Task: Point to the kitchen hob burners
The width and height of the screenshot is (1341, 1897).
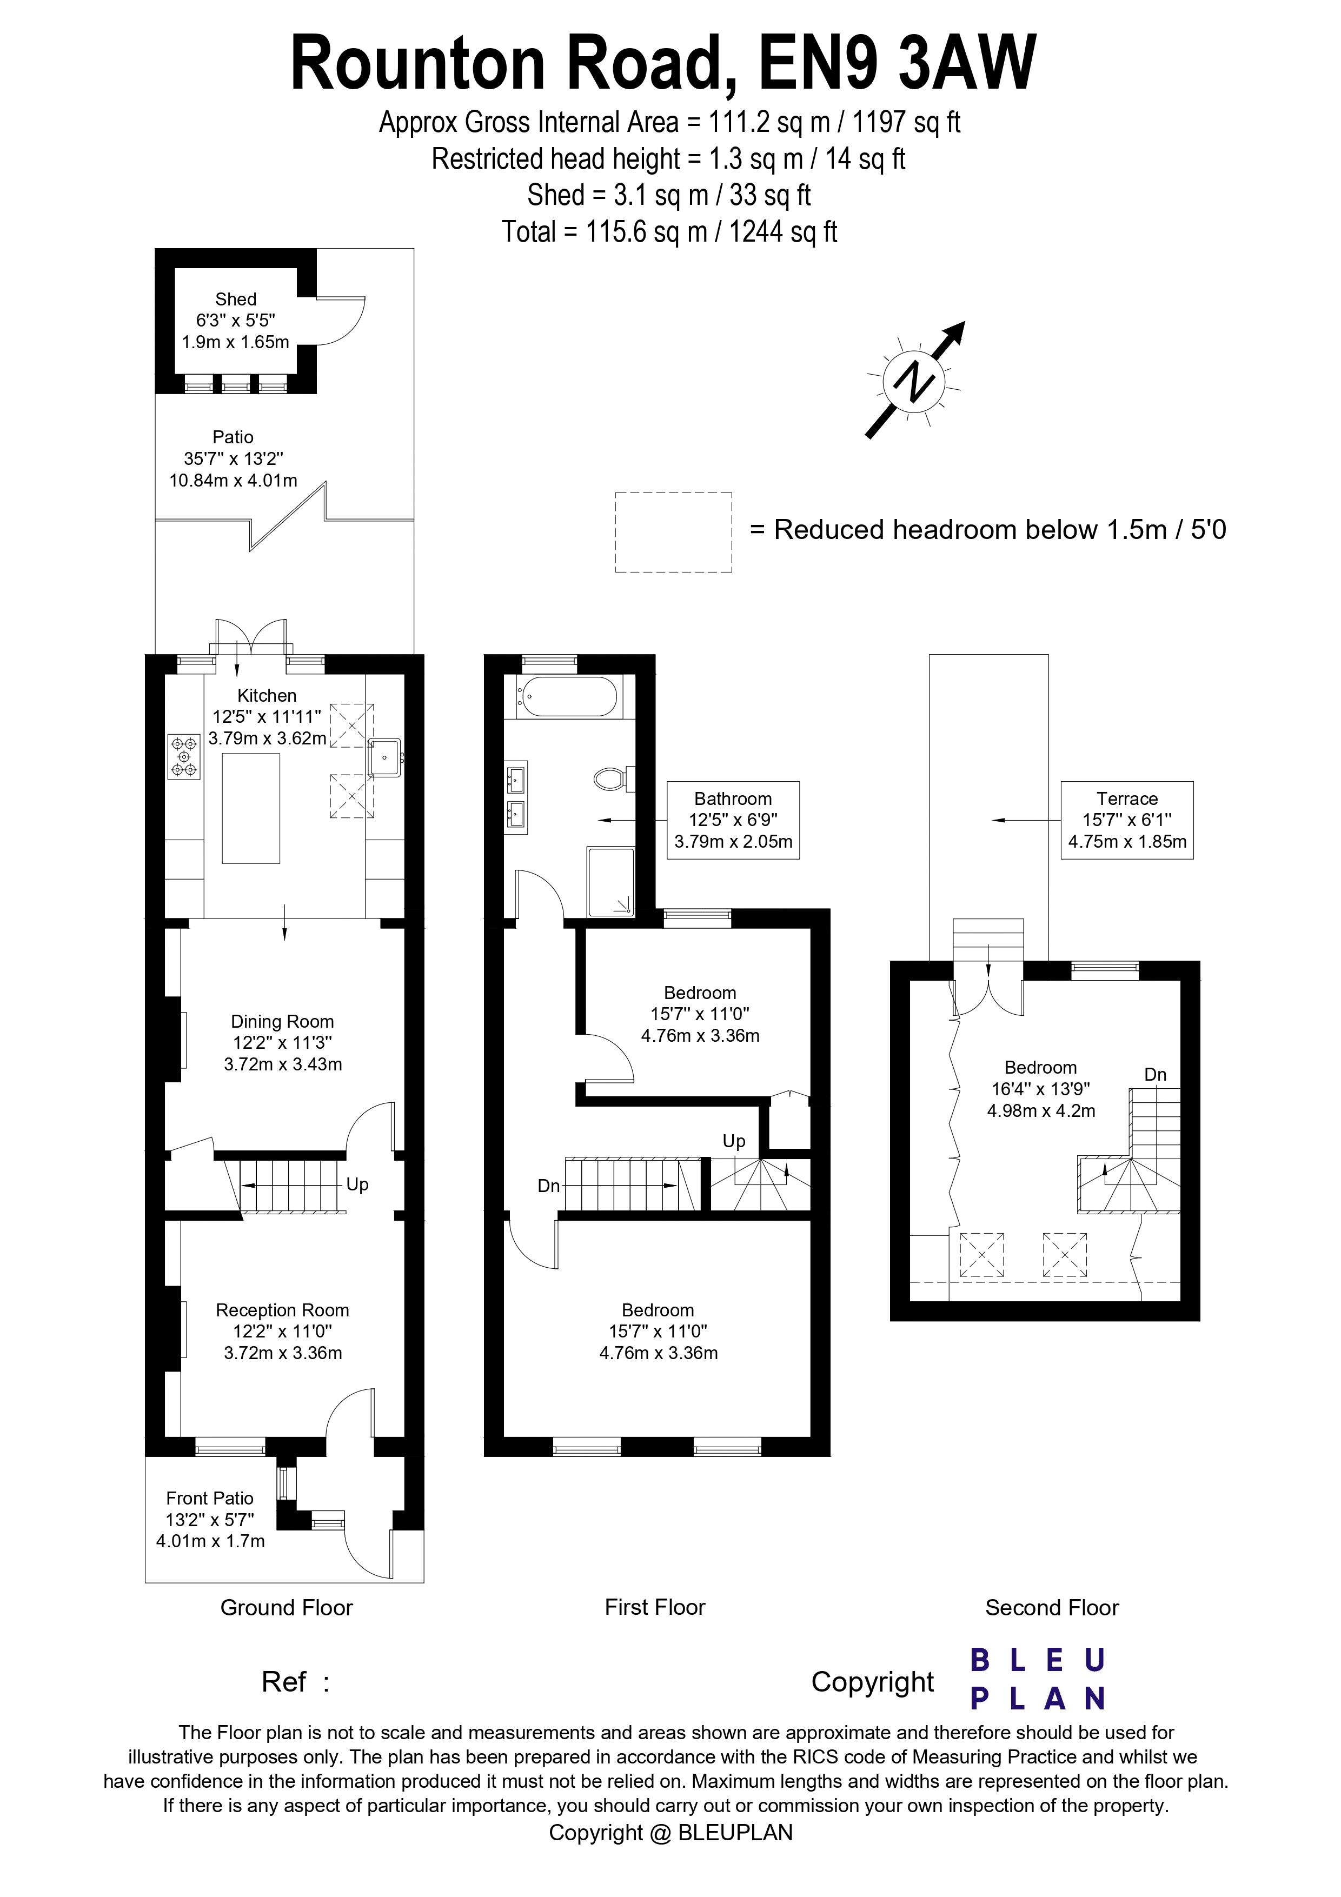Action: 184,757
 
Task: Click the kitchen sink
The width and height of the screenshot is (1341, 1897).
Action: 385,757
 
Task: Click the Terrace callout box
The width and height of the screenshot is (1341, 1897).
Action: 1127,820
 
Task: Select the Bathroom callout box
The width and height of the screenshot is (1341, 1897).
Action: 733,820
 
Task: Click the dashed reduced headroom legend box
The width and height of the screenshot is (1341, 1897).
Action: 673,532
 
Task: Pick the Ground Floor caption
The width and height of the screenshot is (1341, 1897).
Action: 287,1607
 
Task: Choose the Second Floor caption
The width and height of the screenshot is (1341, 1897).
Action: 1052,1607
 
